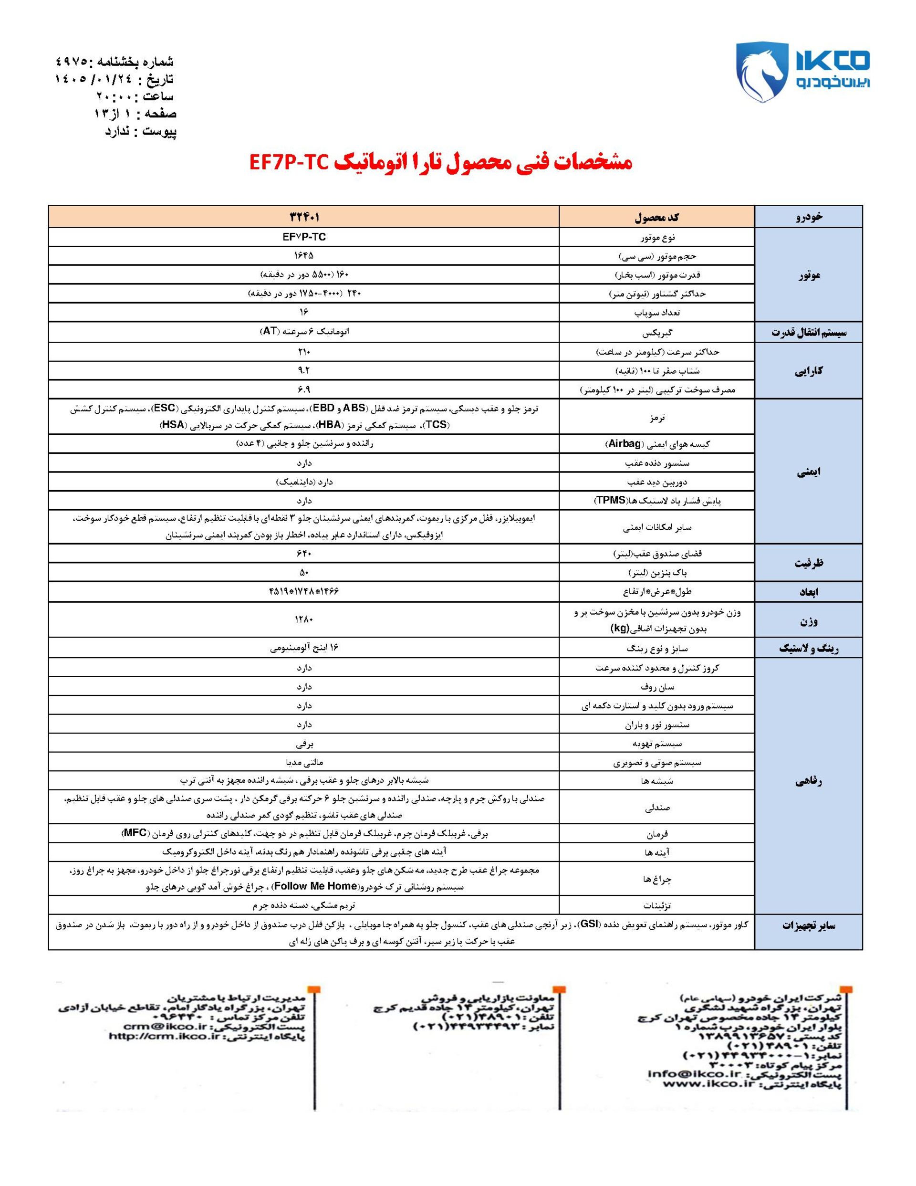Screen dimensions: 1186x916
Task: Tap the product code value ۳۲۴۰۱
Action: pyautogui.click(x=304, y=217)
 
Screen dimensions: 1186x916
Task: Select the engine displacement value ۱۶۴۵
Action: pyautogui.click(x=304, y=255)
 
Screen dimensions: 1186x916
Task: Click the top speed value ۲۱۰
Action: pyautogui.click(x=304, y=352)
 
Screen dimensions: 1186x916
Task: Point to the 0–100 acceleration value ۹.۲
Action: pyautogui.click(x=304, y=371)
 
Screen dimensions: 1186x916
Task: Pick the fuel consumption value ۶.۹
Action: pyautogui.click(x=304, y=390)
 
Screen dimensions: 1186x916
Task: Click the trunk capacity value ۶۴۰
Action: pyautogui.click(x=304, y=553)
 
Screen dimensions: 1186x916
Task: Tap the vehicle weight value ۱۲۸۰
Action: pyautogui.click(x=304, y=619)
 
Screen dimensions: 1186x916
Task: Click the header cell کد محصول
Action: pyautogui.click(x=656, y=217)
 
